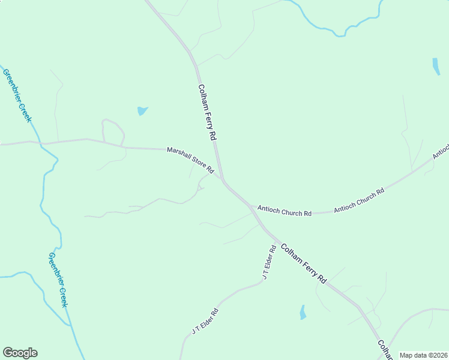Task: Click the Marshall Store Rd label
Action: tap(190, 161)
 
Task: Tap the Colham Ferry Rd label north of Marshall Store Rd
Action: tap(206, 112)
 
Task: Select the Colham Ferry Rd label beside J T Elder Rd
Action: tap(304, 263)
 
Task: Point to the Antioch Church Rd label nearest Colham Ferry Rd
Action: tap(285, 211)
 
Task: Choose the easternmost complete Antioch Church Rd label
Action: tap(358, 200)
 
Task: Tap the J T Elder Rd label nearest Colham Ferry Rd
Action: tap(269, 262)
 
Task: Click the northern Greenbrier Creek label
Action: tap(17, 95)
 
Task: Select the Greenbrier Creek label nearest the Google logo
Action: tap(58, 280)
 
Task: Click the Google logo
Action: tap(20, 353)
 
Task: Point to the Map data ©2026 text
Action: tap(423, 355)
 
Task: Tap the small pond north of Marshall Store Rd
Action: tap(142, 110)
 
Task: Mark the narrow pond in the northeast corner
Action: tap(436, 66)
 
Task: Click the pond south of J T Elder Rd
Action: tap(303, 312)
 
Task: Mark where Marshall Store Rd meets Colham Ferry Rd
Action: tap(223, 179)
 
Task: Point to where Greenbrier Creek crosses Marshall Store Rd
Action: tap(41, 143)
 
